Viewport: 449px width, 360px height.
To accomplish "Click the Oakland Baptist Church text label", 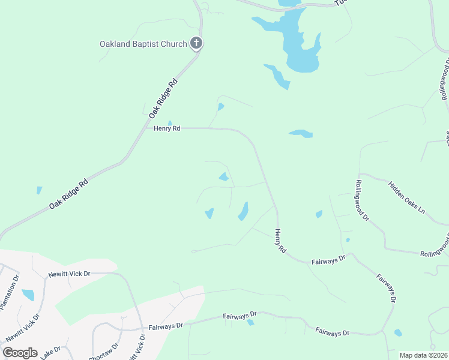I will pyautogui.click(x=143, y=44).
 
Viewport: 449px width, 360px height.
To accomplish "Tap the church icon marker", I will pyautogui.click(x=196, y=43).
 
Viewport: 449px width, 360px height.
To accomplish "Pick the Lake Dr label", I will pyautogui.click(x=50, y=353).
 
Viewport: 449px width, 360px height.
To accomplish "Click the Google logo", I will pyautogui.click(x=20, y=352).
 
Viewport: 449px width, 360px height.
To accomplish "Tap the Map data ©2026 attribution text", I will pyautogui.click(x=424, y=355).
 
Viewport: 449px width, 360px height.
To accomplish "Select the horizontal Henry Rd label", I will pyautogui.click(x=167, y=128).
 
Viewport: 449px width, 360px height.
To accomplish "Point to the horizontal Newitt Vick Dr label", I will pyautogui.click(x=69, y=274).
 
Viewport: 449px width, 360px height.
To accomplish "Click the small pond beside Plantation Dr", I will pyautogui.click(x=28, y=295).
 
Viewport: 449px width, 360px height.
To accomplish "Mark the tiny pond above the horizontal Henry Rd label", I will pyautogui.click(x=170, y=123).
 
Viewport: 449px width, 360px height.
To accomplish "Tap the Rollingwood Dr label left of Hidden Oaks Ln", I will pyautogui.click(x=361, y=200).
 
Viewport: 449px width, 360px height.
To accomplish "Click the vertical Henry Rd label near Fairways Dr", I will pyautogui.click(x=280, y=240).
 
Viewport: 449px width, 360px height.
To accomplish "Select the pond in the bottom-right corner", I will pyautogui.click(x=397, y=332).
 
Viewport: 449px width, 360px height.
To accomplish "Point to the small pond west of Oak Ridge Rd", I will pyautogui.click(x=39, y=190).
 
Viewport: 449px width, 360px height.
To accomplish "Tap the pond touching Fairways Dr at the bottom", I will pyautogui.click(x=250, y=322).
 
